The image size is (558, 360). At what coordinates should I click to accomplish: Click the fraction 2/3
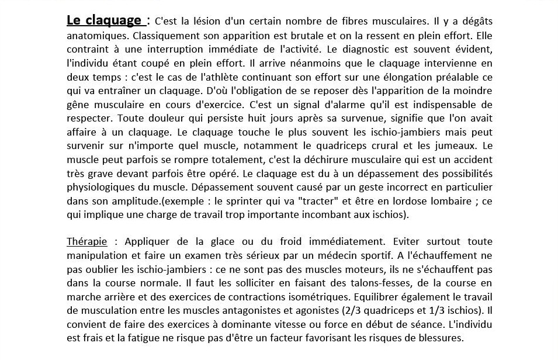point(361,310)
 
